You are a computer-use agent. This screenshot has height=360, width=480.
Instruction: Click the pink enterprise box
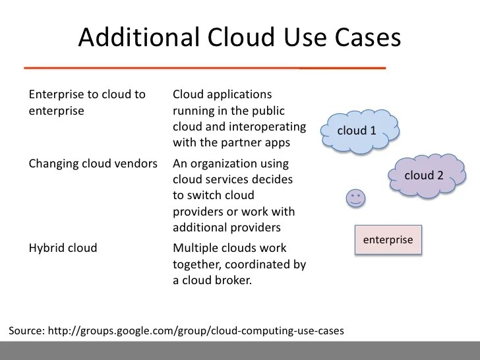click(388, 240)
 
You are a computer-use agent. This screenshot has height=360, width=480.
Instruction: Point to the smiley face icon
click(355, 197)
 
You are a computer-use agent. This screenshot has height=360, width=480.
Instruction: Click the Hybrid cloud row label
click(63, 248)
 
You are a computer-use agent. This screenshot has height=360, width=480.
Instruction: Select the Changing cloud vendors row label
click(93, 164)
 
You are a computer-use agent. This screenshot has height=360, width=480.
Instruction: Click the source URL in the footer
click(204, 330)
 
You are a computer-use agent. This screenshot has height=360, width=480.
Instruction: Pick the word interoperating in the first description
click(270, 127)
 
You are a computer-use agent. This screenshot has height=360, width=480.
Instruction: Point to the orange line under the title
click(204, 67)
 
